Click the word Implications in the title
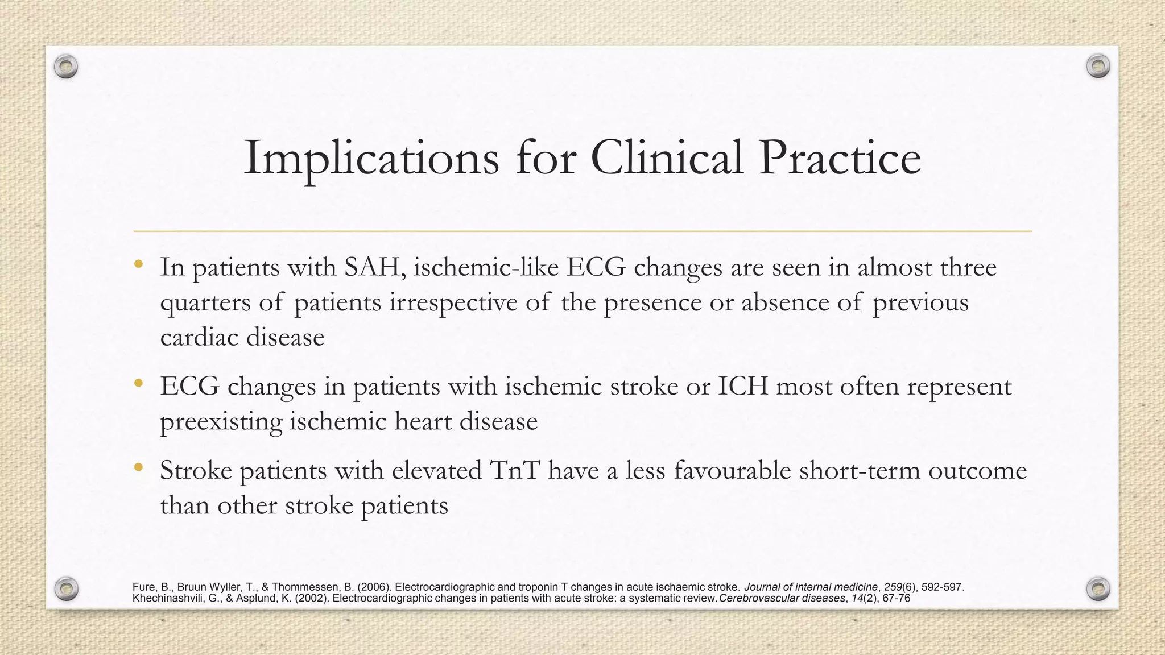tap(371, 158)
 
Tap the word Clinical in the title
tap(667, 158)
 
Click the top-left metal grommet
tap(66, 67)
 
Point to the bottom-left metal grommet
tap(66, 588)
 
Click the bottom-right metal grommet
tap(1098, 588)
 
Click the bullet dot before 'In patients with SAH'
tap(138, 265)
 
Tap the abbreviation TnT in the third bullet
tap(514, 471)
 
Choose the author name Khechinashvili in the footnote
tap(166, 598)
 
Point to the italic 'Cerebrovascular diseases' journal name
tap(782, 598)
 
